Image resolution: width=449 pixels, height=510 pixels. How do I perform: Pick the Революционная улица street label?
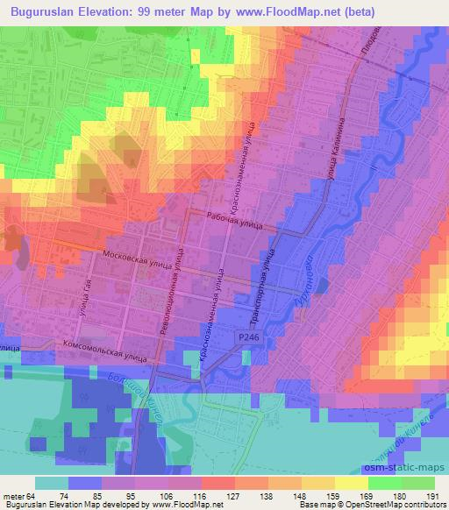tap(177, 284)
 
